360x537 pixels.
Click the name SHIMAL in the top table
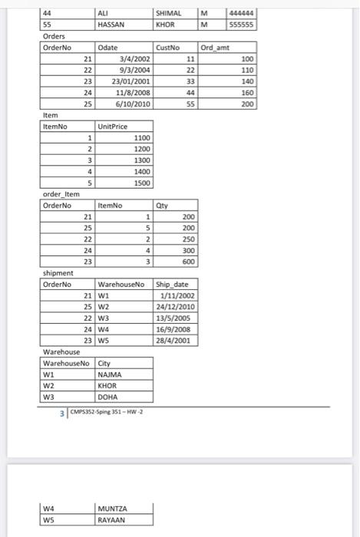tap(167, 13)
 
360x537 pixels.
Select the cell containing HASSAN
tap(112, 25)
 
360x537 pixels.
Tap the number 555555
tap(242, 25)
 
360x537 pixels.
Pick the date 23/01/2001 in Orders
tap(131, 81)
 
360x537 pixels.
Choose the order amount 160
tap(247, 92)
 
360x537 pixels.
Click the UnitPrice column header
tap(113, 127)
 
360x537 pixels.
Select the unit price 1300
tap(142, 160)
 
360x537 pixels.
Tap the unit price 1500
tap(142, 183)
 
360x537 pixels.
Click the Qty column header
tap(162, 206)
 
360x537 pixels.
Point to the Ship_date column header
tap(172, 285)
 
